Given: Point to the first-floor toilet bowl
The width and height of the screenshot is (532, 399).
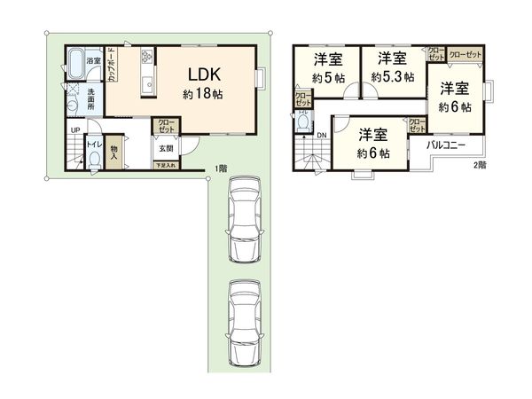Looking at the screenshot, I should [x=94, y=163].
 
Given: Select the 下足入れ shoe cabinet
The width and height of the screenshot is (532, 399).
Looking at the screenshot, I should [x=166, y=166].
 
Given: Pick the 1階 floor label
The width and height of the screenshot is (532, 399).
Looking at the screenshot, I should [x=219, y=169].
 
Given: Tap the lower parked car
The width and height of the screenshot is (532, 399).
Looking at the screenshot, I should [x=246, y=322].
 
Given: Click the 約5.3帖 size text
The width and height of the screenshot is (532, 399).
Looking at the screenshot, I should [x=392, y=78].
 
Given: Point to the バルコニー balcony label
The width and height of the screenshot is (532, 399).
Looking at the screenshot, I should [x=447, y=144].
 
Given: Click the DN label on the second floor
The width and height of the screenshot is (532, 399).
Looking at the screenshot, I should [x=321, y=136].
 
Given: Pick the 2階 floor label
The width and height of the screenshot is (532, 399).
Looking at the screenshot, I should [x=479, y=166].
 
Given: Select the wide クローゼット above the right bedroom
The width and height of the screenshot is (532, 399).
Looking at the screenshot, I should [x=465, y=54].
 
